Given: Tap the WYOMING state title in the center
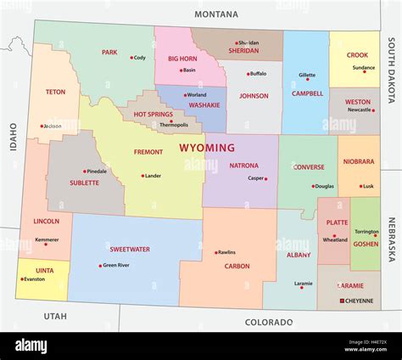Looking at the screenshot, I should coord(207,148).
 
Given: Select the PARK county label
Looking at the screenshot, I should coord(109,52).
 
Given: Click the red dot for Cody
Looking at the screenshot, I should coord(131,58).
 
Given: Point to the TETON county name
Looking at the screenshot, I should coord(55,92).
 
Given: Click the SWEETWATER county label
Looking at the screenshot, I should coord(130,249).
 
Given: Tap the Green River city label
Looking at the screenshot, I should coord(116,264).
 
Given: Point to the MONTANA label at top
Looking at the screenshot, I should coord(216,14).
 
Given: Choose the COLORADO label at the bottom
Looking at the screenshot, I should coord(268,322).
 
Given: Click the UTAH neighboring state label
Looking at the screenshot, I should coord(55,315).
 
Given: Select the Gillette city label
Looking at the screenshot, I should coord(306,75).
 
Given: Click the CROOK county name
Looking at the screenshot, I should coord(357,55).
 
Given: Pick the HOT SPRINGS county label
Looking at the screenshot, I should coord(154,114).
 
